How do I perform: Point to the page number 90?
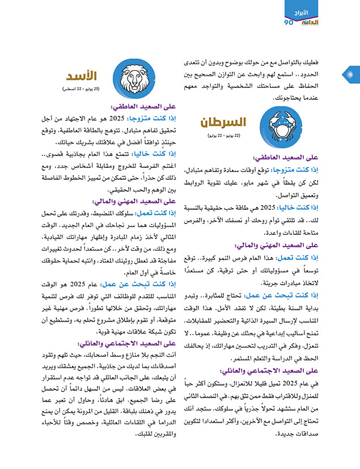[289, 22]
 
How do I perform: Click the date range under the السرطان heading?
[223, 137]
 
